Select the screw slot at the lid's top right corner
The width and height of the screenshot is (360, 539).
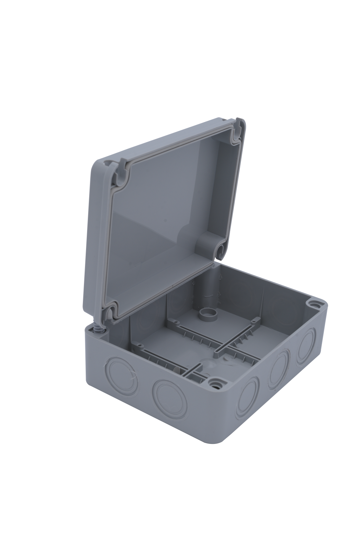tap(236, 133)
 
